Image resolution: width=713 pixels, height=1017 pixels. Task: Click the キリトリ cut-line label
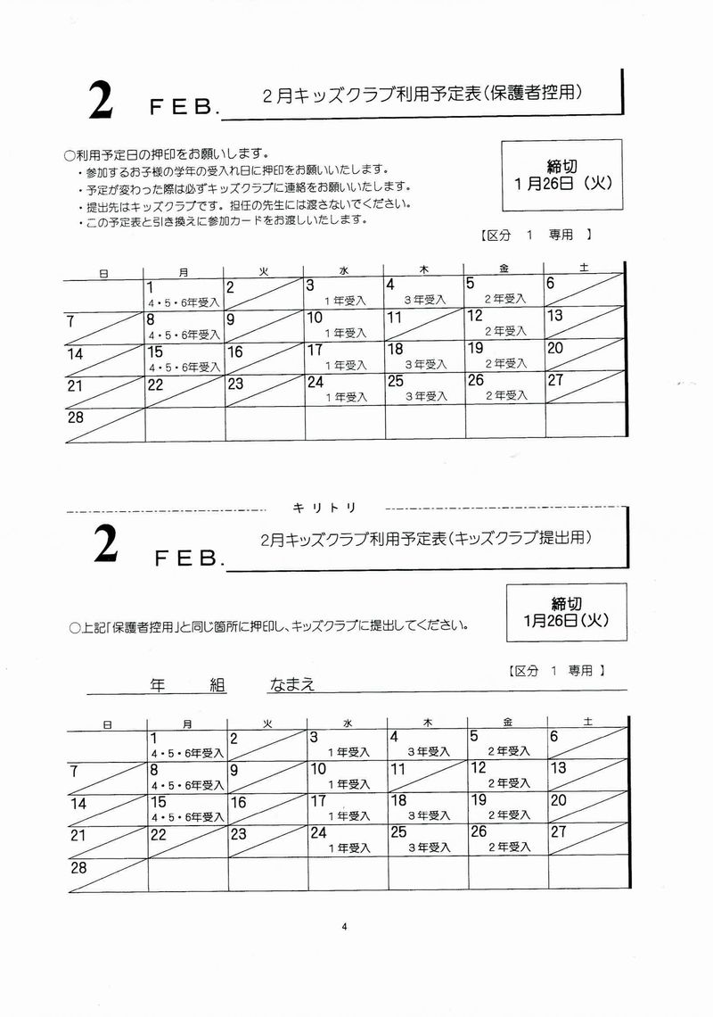point(324,507)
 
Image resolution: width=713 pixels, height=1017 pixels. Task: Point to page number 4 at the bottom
point(343,926)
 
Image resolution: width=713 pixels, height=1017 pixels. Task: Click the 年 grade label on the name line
point(158,686)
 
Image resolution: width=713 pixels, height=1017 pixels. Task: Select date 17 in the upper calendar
point(315,350)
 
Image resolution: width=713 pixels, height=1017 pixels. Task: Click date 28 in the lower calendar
point(78,867)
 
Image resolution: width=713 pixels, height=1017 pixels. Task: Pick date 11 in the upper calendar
point(394,318)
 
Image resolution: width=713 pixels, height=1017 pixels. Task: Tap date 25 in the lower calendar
point(398,831)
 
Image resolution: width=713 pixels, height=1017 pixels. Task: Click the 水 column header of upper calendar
point(343,271)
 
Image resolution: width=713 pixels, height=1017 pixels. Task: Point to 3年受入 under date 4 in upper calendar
point(425,301)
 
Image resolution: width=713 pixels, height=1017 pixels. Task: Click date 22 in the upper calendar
point(155,384)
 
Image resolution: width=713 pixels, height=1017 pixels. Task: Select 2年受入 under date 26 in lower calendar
point(509,847)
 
